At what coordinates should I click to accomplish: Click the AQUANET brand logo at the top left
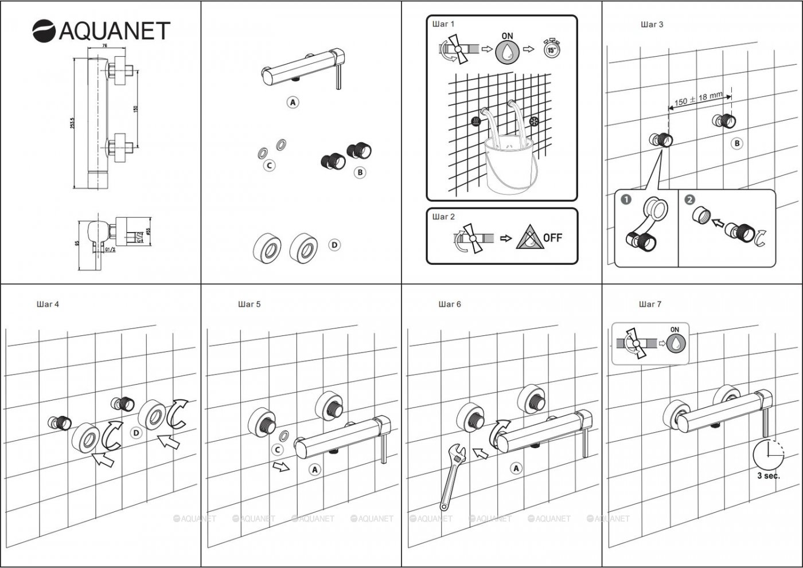101,30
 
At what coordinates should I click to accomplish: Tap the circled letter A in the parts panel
293,103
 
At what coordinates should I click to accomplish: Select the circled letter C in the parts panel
268,165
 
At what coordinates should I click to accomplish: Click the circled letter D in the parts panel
334,245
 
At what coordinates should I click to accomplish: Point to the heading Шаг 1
443,24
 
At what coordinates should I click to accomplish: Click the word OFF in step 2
552,237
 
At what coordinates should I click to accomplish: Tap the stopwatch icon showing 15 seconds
551,49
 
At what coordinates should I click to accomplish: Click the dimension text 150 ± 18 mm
698,99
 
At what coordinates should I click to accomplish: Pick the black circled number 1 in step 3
626,199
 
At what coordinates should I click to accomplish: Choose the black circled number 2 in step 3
690,199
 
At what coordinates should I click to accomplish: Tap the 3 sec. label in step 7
768,476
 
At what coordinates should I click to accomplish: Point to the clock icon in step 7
768,455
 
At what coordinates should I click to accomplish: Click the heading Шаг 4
48,304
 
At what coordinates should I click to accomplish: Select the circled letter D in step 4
136,433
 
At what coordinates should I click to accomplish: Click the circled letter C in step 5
277,450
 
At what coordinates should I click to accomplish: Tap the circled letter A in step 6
516,468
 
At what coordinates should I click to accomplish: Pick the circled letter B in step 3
737,143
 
